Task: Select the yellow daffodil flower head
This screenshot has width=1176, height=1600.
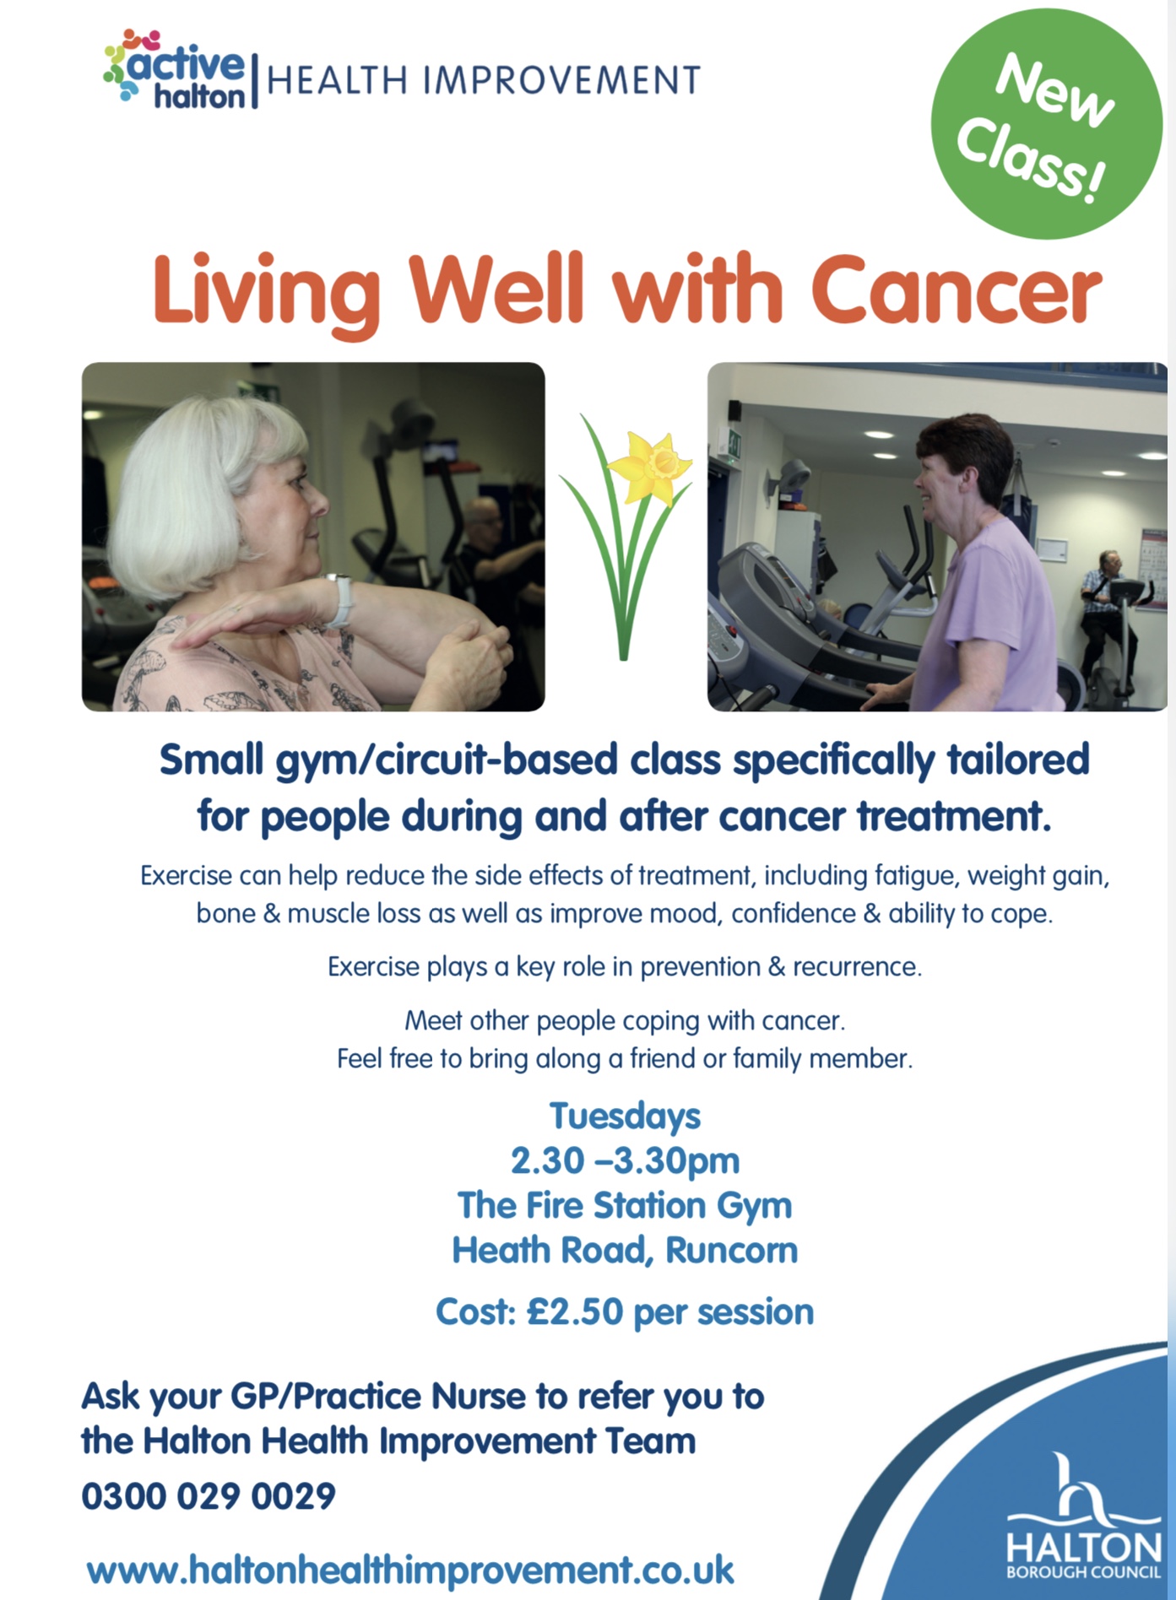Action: coord(652,465)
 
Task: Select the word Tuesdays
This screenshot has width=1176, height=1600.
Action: coord(625,1116)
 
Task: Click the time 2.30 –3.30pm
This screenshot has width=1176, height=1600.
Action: coord(625,1161)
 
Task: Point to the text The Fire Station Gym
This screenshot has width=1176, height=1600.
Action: coord(625,1206)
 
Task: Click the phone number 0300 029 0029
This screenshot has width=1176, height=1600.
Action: coord(209,1496)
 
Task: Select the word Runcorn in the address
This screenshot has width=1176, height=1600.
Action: coord(732,1251)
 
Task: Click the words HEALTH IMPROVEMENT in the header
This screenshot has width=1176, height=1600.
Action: coord(483,81)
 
